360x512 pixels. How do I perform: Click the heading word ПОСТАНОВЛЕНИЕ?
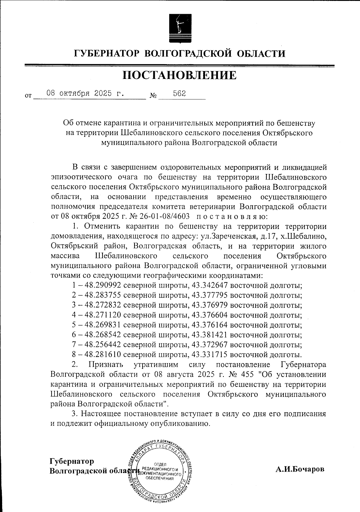click(179, 75)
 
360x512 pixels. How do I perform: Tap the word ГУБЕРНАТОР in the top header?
click(107, 54)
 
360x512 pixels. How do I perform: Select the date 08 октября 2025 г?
click(85, 93)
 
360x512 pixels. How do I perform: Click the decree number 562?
click(179, 93)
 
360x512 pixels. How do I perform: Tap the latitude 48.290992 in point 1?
click(103, 285)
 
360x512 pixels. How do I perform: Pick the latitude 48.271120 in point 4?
click(103, 315)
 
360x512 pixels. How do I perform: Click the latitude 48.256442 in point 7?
click(103, 345)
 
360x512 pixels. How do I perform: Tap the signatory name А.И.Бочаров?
click(300, 469)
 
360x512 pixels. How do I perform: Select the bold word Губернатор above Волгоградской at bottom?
click(72, 461)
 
